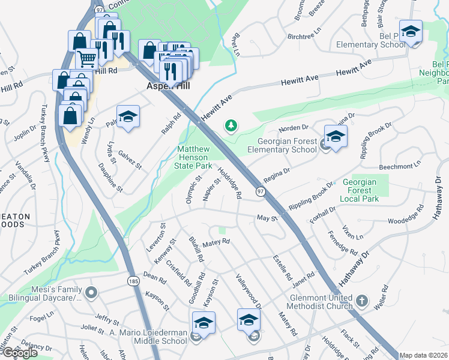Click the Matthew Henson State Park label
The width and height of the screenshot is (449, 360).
[x=194, y=157]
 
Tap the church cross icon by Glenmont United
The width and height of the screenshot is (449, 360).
[x=361, y=299]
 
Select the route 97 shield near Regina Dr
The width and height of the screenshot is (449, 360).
[x=261, y=191]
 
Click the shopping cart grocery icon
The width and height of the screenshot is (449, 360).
[x=86, y=59]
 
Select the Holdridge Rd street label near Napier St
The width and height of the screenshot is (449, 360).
[x=229, y=182]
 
